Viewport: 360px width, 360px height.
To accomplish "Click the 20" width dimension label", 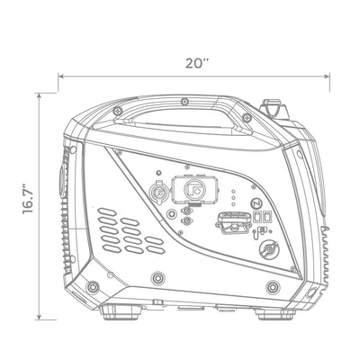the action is [x=197, y=63].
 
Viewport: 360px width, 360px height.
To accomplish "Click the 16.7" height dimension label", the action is [x=28, y=199].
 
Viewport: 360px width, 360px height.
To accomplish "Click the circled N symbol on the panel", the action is [x=256, y=203].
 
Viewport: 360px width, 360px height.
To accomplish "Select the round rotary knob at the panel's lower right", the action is [x=269, y=249].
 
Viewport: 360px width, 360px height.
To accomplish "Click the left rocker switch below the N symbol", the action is [x=257, y=217].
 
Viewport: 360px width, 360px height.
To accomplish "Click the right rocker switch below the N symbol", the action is [x=267, y=217].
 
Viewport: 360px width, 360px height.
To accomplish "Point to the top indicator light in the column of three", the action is [x=233, y=191].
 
